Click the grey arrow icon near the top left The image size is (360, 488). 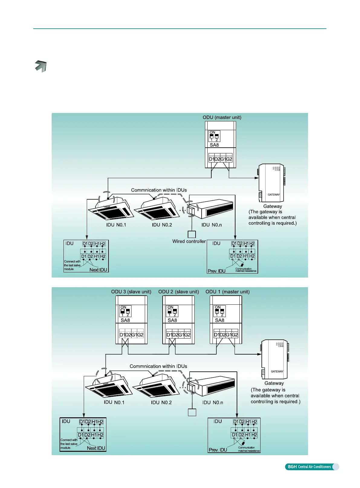point(41,66)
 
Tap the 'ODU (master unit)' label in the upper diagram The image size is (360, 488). point(222,117)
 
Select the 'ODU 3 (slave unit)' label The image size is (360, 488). point(131,292)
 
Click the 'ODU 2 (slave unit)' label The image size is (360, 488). point(179,292)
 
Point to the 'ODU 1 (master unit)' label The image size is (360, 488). point(228,292)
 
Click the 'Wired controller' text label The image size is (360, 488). point(189,241)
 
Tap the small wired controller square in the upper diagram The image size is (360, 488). point(192,234)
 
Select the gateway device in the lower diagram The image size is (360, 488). point(274,359)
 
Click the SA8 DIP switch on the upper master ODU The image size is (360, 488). point(214,136)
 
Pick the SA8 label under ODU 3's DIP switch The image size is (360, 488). point(125,320)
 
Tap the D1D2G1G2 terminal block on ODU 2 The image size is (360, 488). point(179,335)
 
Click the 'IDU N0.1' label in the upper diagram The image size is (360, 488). point(116,225)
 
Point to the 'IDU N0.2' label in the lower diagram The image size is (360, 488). point(161,403)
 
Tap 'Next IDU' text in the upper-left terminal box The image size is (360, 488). point(98,270)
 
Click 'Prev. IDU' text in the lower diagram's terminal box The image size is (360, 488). point(218,450)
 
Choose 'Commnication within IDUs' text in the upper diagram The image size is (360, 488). point(159,190)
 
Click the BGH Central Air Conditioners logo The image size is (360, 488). point(311,467)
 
